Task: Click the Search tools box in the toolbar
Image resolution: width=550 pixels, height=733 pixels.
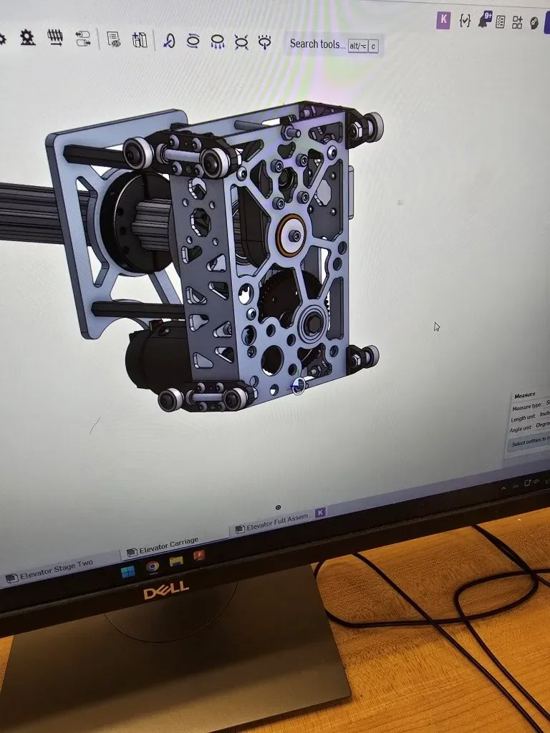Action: tap(317, 44)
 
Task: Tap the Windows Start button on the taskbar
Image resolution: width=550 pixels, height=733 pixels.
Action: tap(127, 571)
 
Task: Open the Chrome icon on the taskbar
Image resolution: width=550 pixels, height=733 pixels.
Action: tap(152, 567)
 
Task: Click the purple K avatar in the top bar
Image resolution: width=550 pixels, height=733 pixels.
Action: tap(443, 20)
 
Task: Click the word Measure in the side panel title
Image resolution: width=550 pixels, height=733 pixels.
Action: tap(525, 395)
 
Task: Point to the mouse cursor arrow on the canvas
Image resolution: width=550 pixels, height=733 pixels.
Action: tap(437, 327)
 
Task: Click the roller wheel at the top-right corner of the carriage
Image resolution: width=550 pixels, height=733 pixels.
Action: tap(372, 127)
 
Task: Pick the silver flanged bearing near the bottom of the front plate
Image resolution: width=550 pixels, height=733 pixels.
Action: tap(313, 324)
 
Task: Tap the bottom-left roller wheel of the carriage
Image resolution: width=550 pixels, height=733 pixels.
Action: tap(170, 399)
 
